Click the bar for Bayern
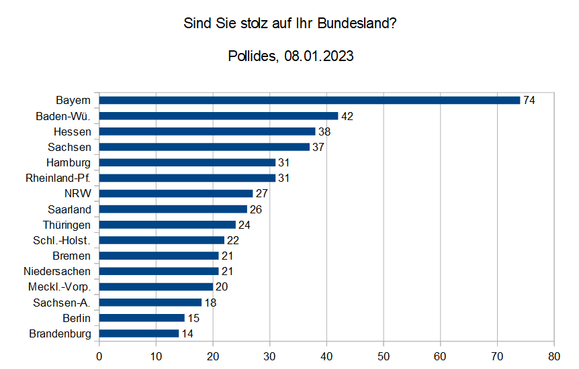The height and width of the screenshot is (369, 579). pos(310,100)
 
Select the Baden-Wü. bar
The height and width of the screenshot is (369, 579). pos(218,116)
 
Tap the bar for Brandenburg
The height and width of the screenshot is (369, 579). pos(139,333)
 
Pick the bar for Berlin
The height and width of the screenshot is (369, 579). pos(142,318)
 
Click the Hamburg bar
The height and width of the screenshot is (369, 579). pos(187,162)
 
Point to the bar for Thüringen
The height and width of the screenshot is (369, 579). pos(167,225)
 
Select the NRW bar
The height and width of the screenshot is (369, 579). pos(176,193)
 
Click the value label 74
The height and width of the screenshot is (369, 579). pos(529,100)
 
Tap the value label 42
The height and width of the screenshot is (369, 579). pos(347,116)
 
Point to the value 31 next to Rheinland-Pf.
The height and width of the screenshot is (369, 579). pos(284,178)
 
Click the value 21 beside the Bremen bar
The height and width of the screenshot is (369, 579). pos(227,256)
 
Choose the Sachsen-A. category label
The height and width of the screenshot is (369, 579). pos(62,303)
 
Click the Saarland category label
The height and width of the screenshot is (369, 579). pos(69,209)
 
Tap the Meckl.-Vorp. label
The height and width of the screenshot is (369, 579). pos(60,287)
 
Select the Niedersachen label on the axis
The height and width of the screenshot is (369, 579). pos(57,271)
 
